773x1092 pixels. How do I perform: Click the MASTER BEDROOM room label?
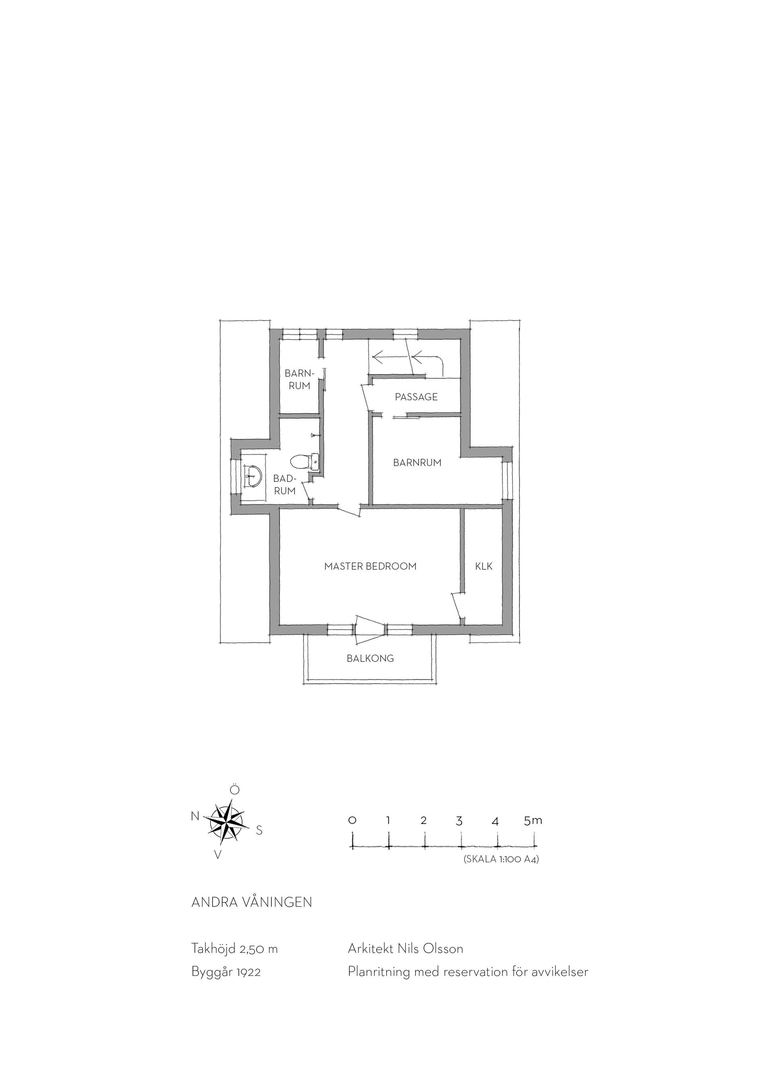370,566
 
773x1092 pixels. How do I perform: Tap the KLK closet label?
484,566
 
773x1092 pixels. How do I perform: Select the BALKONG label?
370,659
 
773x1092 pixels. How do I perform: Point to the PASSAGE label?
416,397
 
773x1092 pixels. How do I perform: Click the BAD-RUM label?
285,485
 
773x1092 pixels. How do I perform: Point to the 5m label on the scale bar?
533,820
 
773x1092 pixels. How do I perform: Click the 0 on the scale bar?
352,821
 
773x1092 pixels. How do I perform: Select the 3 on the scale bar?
459,821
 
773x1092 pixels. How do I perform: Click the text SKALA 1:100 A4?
501,860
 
